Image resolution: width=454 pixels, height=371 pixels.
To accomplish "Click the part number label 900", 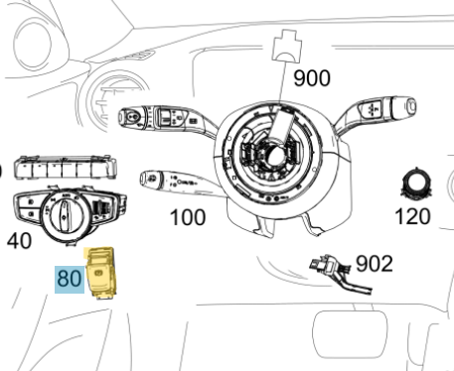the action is (312, 78).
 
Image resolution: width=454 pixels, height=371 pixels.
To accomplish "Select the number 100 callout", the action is (188, 217).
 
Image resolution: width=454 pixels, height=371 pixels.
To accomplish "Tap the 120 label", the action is (412, 216).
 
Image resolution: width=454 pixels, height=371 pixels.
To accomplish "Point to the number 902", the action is (375, 264).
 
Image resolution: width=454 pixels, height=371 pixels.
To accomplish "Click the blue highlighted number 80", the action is (70, 279).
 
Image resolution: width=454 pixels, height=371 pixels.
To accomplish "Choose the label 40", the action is (19, 240).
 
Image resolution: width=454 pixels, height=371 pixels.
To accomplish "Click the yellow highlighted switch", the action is (100, 273).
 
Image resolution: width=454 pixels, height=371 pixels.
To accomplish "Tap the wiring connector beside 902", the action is (340, 273).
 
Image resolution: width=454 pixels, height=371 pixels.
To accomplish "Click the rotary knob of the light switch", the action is (65, 213).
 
